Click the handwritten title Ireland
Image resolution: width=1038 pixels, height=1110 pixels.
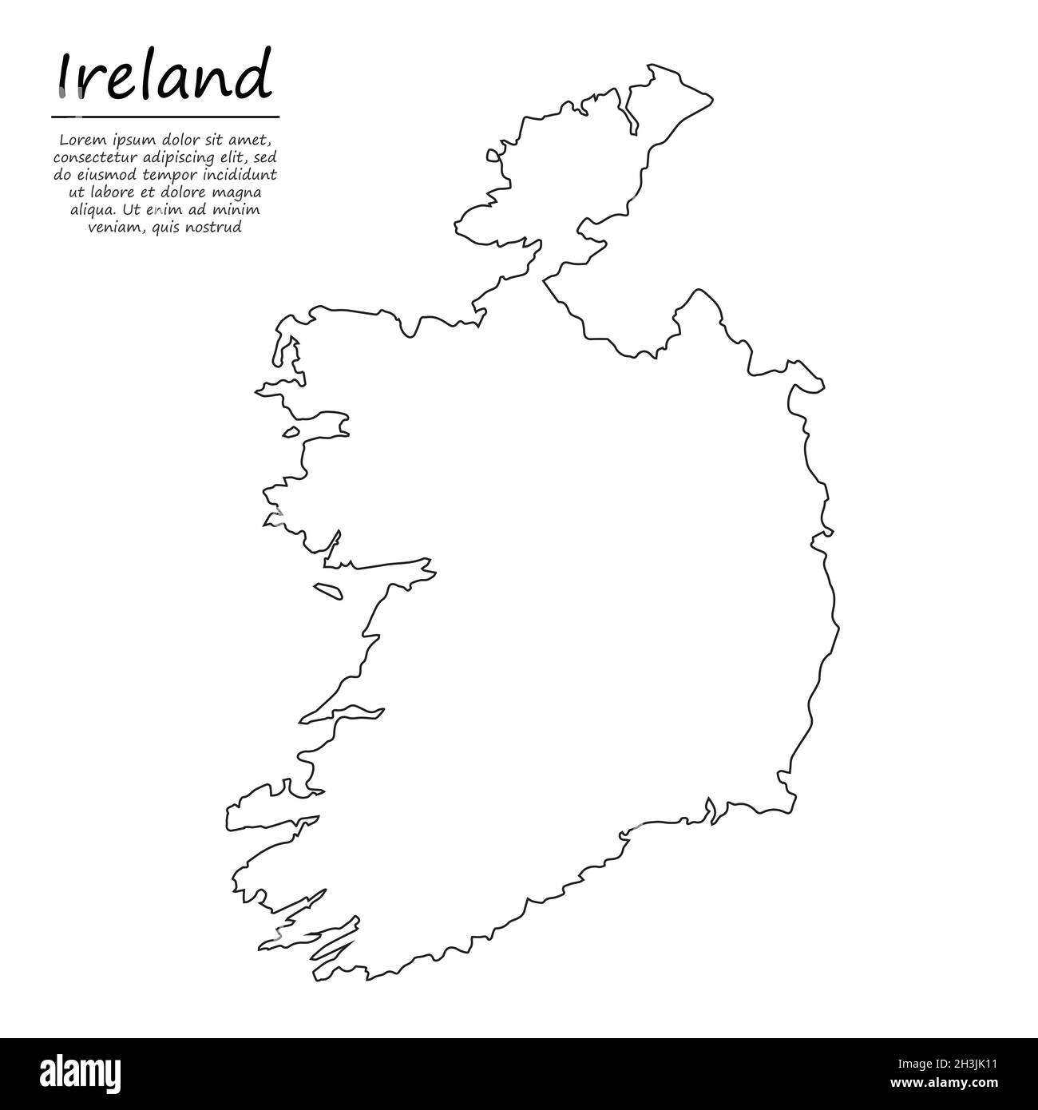pos(164,76)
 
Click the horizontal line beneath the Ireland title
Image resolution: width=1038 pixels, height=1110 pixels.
pos(165,117)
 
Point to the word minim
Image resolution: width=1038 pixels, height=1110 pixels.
pos(240,210)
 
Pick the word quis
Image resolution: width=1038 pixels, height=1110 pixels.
pos(168,228)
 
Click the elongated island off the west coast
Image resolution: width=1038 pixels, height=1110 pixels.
pos(327,591)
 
